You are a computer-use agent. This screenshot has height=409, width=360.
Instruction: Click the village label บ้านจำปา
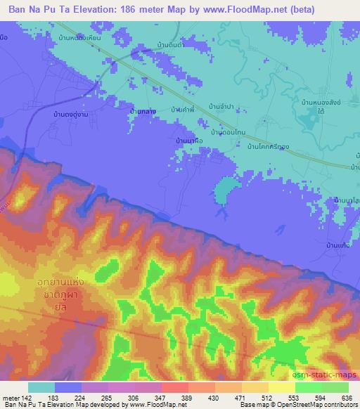(221, 106)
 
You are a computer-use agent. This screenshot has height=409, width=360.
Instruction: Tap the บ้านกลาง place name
(142, 111)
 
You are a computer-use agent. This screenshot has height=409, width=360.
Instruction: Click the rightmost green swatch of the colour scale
(335, 387)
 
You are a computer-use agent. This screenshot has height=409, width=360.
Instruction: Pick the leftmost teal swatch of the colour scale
(41, 387)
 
